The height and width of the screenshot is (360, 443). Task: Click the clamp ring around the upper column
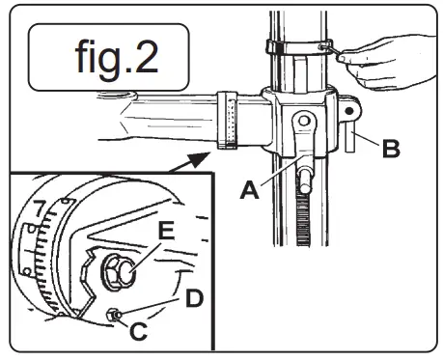pos(294,45)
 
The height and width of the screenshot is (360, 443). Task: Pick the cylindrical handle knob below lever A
pos(305,181)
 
